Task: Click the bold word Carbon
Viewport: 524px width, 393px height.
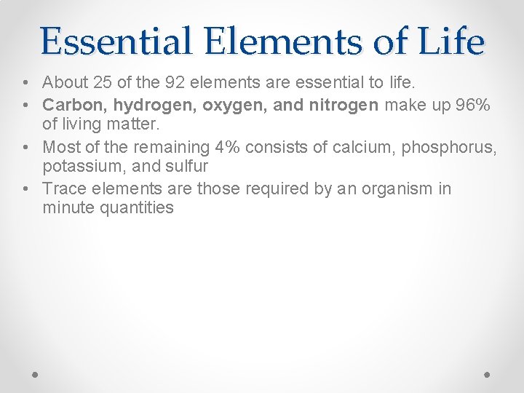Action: [x=71, y=106]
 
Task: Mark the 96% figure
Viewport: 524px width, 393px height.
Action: [x=474, y=106]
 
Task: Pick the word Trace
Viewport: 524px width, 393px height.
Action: [x=63, y=189]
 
